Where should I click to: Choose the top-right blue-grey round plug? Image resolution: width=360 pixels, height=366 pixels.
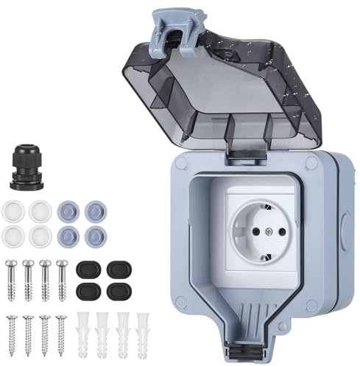(93, 210)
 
